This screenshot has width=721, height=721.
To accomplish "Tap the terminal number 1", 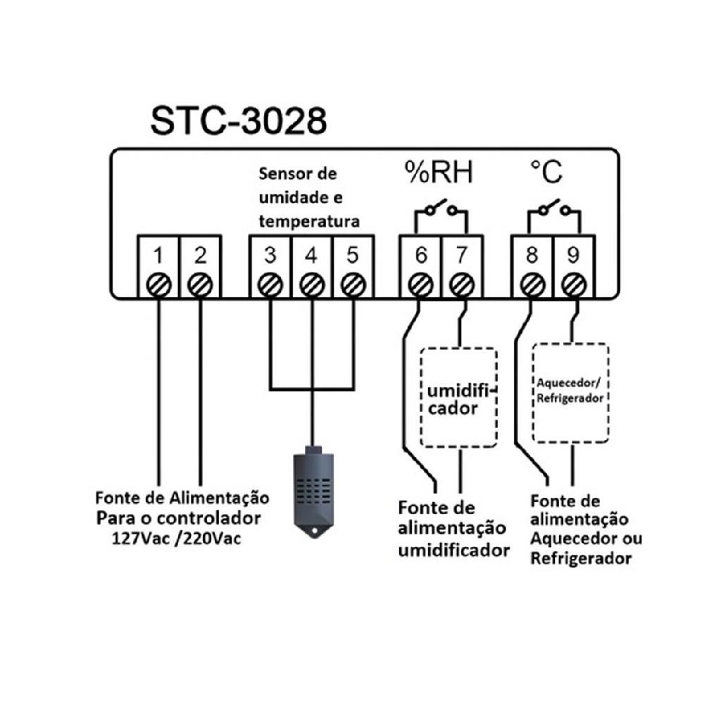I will [159, 255].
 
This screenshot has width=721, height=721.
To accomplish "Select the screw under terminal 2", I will [201, 284].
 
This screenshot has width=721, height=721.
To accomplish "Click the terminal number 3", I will [270, 255].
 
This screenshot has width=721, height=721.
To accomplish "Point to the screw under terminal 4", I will [311, 284].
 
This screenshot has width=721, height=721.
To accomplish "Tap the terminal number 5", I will [352, 255].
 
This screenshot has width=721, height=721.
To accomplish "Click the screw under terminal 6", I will [421, 284].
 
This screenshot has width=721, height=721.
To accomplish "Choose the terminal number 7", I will [461, 255].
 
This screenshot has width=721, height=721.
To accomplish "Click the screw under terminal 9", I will [574, 284].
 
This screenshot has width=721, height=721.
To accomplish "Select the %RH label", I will [438, 173].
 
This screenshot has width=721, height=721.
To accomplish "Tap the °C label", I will [546, 172].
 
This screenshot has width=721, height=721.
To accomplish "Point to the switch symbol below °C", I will [553, 208].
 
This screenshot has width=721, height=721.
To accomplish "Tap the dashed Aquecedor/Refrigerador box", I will [570, 392].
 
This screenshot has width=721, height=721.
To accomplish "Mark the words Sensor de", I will [298, 173].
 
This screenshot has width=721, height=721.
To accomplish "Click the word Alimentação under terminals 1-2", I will [219, 498].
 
